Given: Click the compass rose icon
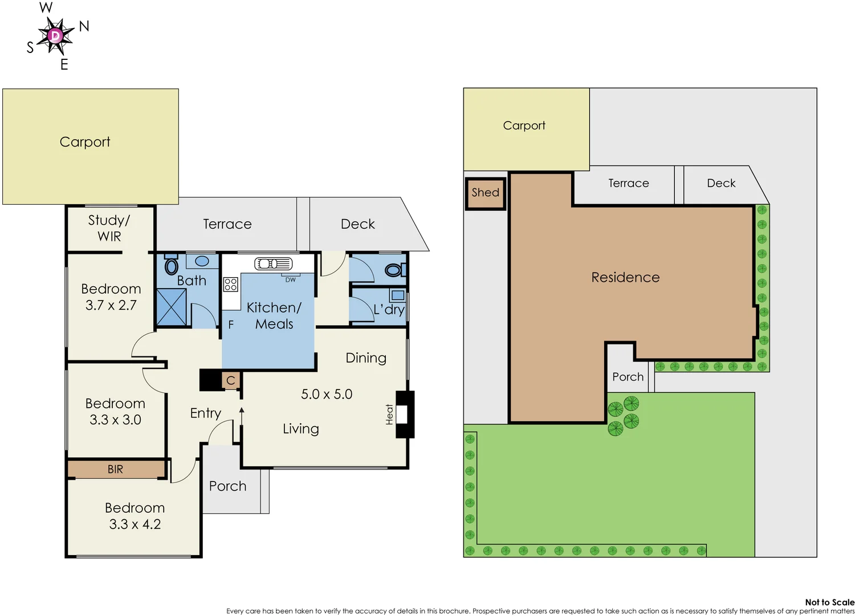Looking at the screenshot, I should [55, 36].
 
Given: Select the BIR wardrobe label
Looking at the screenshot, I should [115, 469].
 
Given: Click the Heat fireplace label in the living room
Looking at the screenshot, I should [390, 414].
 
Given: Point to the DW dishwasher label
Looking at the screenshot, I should [291, 279].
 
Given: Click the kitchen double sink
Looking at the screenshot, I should [273, 264].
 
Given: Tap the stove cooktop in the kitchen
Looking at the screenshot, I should [230, 284].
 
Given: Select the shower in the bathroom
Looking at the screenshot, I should [172, 307].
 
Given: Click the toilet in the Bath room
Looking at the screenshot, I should [171, 266].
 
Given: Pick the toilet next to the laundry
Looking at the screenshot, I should [393, 270].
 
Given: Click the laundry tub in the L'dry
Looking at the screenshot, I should [397, 295].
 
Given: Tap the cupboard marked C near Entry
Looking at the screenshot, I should [230, 380].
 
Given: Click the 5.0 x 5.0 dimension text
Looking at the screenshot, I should [327, 394].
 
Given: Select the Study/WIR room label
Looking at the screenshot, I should [109, 228].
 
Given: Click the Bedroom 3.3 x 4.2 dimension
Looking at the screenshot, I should [135, 524].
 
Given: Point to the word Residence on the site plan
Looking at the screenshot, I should [625, 277].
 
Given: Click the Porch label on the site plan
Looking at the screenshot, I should [628, 377].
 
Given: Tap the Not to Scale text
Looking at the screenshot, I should [829, 602].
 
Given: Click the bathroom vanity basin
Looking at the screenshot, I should [202, 261].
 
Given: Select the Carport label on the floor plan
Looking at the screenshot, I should [85, 142].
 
